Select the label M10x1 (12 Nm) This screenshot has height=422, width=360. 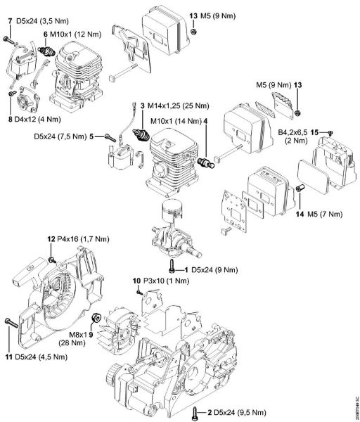73,34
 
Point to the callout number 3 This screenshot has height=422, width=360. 142,105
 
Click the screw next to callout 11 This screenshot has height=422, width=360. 9,323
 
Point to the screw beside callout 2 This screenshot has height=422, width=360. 194,411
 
